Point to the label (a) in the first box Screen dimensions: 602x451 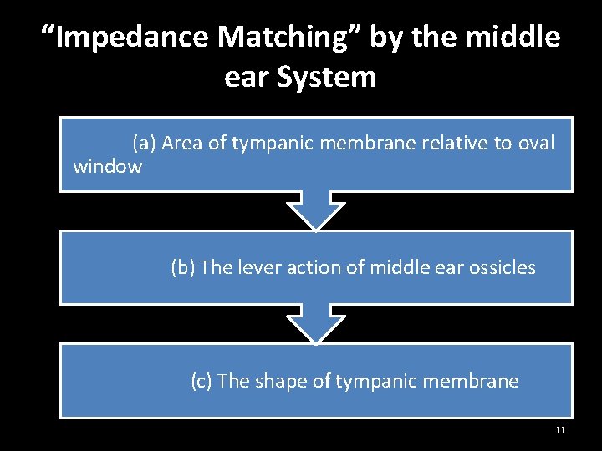pyautogui.click(x=144, y=144)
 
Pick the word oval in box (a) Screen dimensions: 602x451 pyautogui.click(x=535, y=144)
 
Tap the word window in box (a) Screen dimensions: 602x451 pyautogui.click(x=108, y=166)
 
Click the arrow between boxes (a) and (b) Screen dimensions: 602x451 pyautogui.click(x=315, y=210)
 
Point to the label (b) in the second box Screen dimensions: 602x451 pyautogui.click(x=182, y=267)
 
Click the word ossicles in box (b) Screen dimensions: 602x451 pyautogui.click(x=504, y=267)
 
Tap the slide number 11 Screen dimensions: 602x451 pyautogui.click(x=560, y=430)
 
